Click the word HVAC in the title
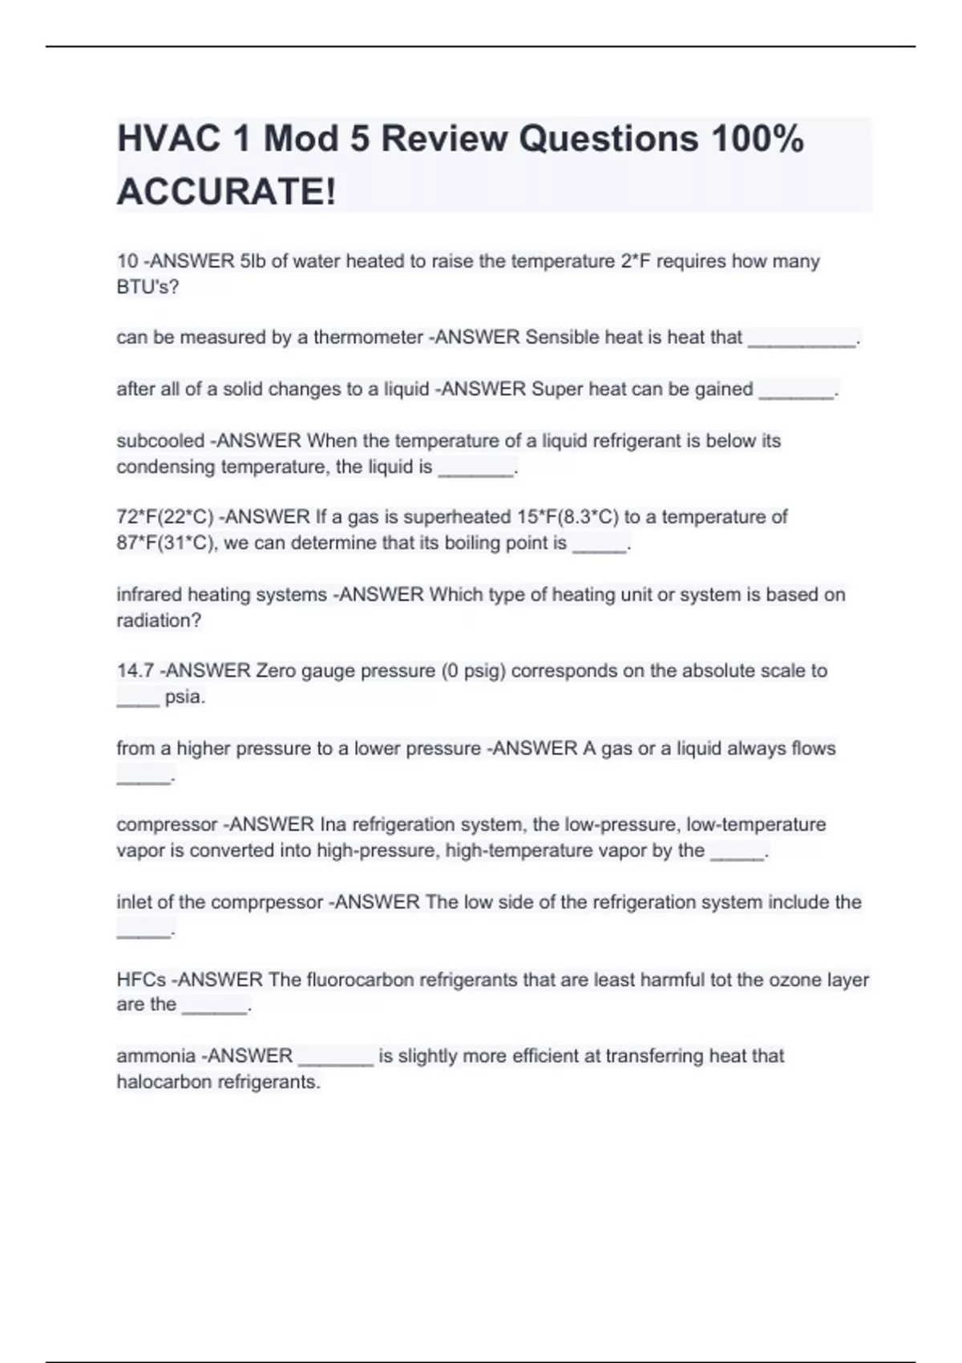tap(168, 139)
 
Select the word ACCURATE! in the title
tap(227, 192)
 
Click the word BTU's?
tap(148, 287)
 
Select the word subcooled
tap(160, 441)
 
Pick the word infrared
tap(148, 595)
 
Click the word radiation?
tap(159, 621)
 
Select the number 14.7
tap(135, 671)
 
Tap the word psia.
tap(184, 697)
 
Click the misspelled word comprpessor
tap(273, 903)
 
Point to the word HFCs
tap(141, 980)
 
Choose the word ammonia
tap(156, 1056)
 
